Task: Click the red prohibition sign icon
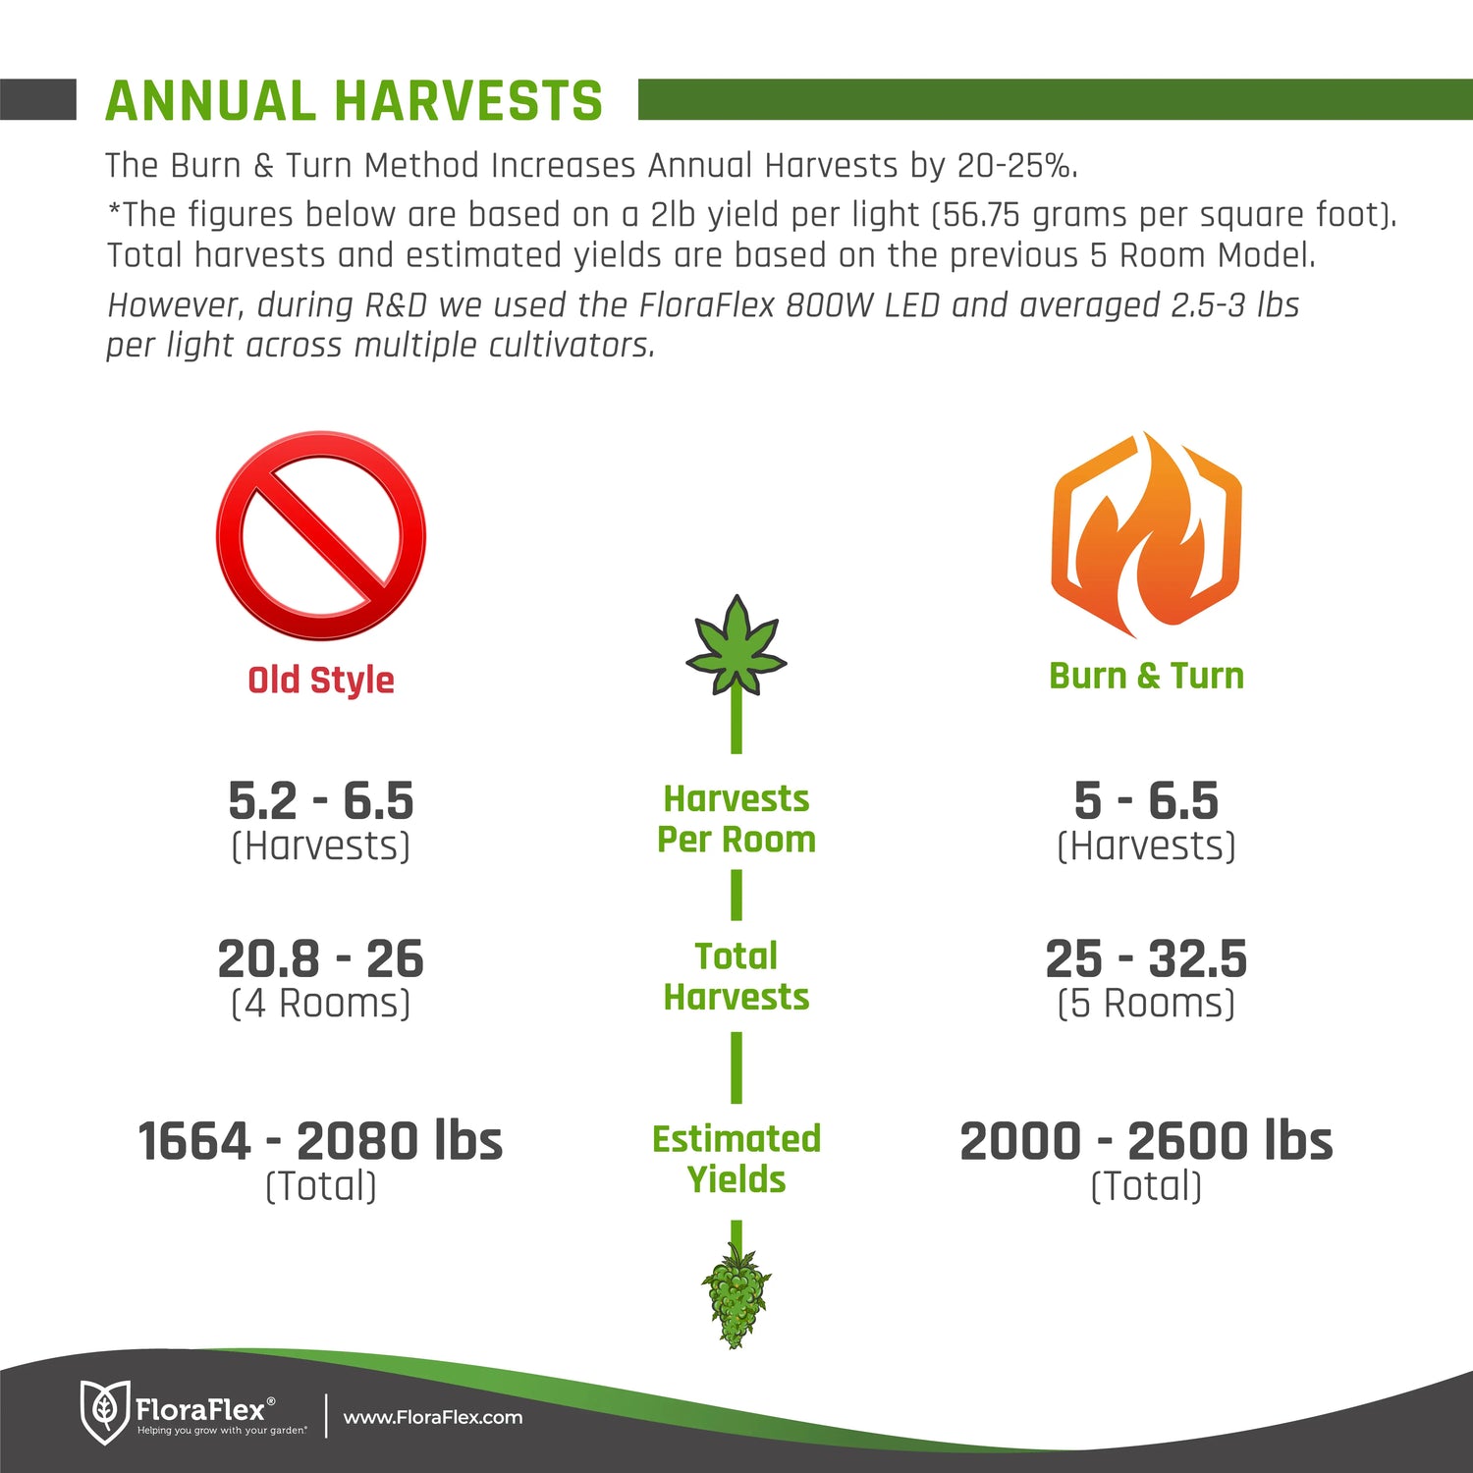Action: [321, 535]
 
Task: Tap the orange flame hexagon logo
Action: [1146, 534]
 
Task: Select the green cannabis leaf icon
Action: [736, 644]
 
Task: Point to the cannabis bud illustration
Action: [736, 1294]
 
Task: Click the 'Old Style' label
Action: [321, 680]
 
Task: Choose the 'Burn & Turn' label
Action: [1146, 676]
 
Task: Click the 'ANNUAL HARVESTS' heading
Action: [354, 101]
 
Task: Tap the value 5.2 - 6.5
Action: [321, 800]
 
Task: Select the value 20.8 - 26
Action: [321, 958]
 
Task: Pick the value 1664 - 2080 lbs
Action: [321, 1141]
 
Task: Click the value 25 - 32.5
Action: [1146, 958]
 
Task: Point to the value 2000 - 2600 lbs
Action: [1146, 1141]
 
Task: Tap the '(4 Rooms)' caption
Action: [321, 1004]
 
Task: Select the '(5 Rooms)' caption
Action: [1146, 1004]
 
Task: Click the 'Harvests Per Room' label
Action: [736, 819]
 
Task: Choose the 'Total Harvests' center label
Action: [736, 976]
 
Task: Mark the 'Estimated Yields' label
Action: [736, 1159]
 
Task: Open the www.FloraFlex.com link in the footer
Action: [433, 1417]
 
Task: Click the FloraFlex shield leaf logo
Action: [104, 1412]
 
